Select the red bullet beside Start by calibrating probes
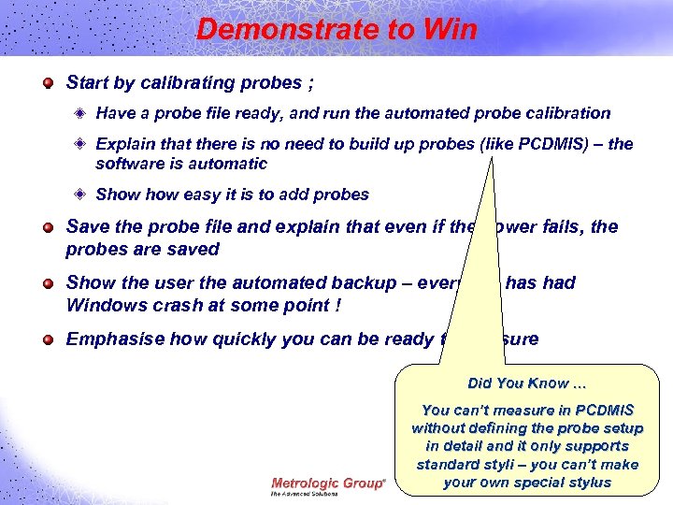(48, 83)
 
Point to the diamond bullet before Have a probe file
(80, 113)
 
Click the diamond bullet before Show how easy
(80, 195)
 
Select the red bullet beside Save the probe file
(48, 227)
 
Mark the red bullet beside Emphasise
(48, 339)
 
